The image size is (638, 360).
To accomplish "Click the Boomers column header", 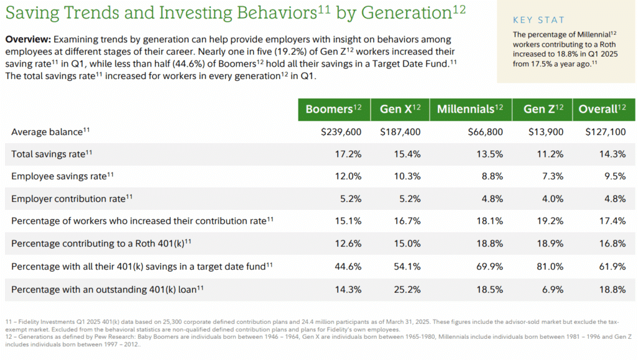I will (x=334, y=109).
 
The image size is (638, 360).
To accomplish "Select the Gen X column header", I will (x=400, y=109).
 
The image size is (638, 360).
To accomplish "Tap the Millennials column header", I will (x=470, y=109).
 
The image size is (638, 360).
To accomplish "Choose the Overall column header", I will (x=602, y=109).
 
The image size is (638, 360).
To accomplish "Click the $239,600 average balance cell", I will (x=341, y=131).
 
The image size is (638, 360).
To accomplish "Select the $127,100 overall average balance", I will (x=606, y=131).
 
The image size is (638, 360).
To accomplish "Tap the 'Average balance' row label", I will (x=47, y=131).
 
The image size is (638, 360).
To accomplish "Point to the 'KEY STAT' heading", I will (x=539, y=20).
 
